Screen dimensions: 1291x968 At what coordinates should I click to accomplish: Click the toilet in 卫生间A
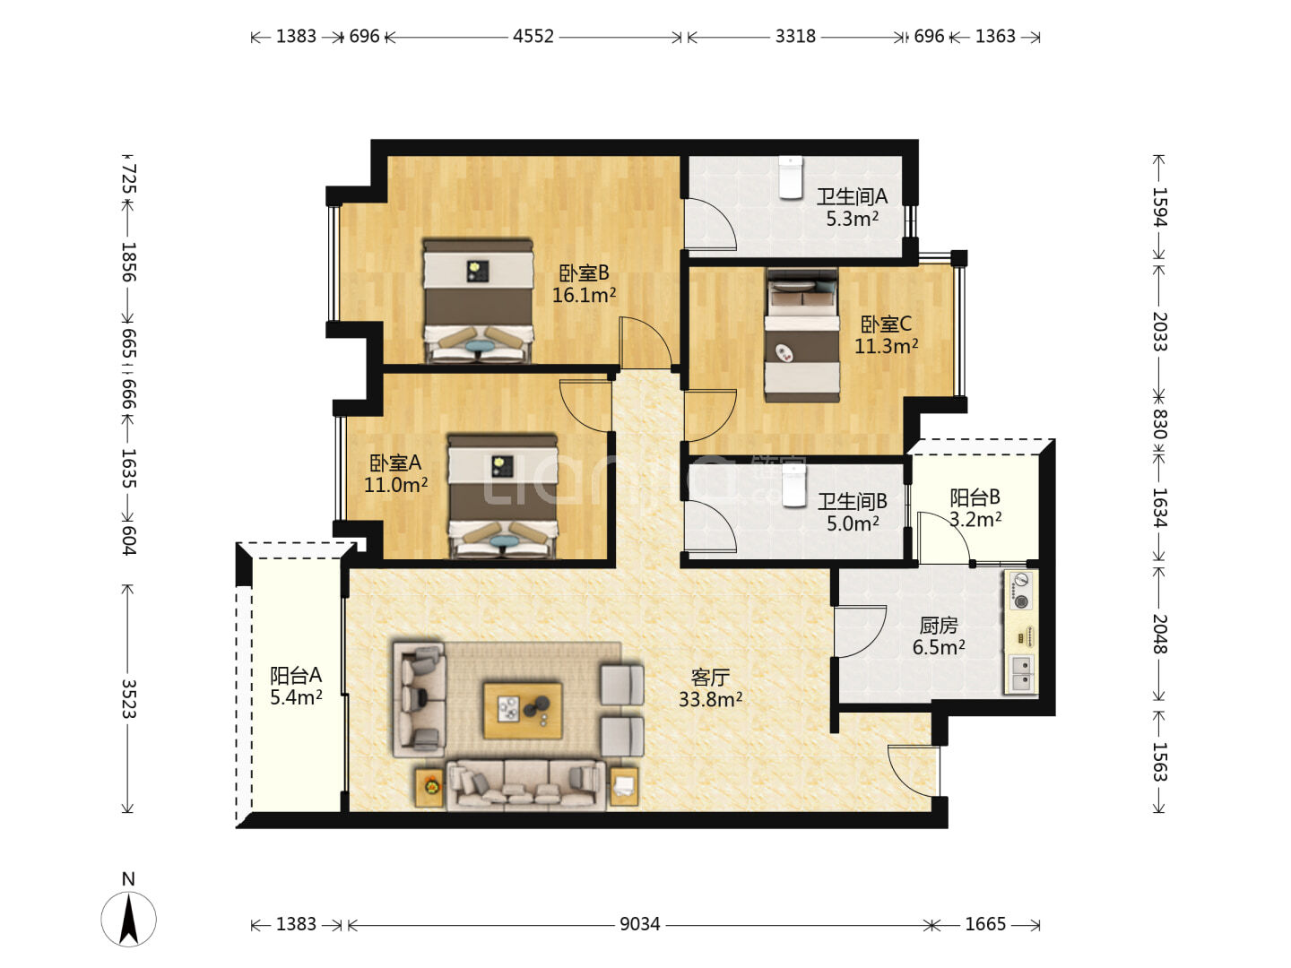tap(790, 177)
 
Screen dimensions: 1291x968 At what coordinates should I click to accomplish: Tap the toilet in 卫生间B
tap(793, 486)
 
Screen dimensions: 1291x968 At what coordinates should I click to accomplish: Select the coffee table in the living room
tap(523, 710)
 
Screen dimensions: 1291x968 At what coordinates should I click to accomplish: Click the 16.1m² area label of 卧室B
tap(584, 295)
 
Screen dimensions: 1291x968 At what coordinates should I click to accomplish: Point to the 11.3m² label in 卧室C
tap(886, 346)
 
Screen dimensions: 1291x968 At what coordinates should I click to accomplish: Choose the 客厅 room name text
tap(710, 678)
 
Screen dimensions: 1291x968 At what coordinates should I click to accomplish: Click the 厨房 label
tap(938, 626)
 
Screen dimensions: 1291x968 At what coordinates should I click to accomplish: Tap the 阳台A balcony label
tap(295, 675)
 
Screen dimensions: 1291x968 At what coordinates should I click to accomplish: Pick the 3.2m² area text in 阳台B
tap(975, 519)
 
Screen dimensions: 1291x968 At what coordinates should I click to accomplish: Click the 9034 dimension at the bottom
tap(639, 924)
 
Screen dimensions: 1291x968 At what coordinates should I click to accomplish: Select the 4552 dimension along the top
tap(533, 37)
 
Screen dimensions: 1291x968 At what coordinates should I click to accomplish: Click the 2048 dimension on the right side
tap(1159, 635)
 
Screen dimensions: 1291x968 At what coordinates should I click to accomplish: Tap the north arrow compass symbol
tap(128, 918)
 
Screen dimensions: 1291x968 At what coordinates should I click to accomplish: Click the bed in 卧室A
tap(502, 497)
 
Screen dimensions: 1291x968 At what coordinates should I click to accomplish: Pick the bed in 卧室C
tap(801, 335)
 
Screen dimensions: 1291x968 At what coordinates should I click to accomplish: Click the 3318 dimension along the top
tap(795, 37)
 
